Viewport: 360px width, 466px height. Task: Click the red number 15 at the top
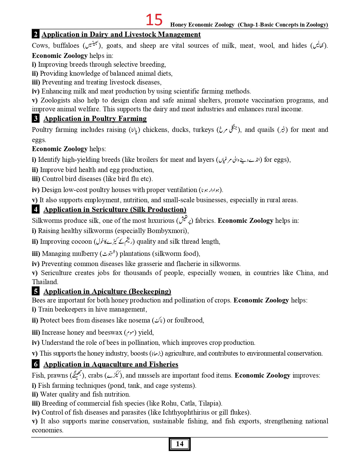pyautogui.click(x=154, y=20)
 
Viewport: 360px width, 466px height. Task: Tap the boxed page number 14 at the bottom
pyautogui.click(x=180, y=444)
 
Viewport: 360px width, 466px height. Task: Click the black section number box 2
pyautogui.click(x=36, y=34)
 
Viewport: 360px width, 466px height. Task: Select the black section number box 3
pyautogui.click(x=36, y=118)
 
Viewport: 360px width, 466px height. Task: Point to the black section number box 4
pyautogui.click(x=36, y=209)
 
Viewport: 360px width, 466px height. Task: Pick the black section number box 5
pyautogui.click(x=36, y=291)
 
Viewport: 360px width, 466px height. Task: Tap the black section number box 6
pyautogui.click(x=36, y=364)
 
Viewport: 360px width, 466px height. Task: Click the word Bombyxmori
pyautogui.click(x=167, y=231)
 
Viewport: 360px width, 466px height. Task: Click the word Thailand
pyautogui.click(x=45, y=282)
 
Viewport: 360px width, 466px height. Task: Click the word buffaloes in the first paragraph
pyautogui.click(x=66, y=45)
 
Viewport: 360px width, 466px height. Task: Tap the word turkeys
pyautogui.click(x=203, y=130)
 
